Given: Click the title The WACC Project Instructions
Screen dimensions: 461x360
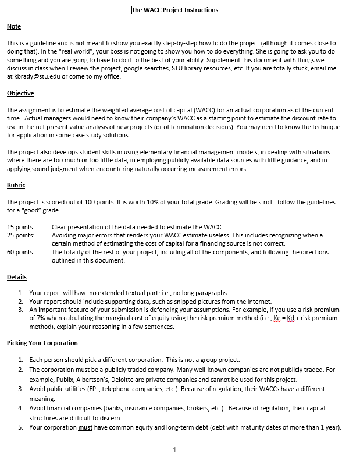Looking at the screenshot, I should [x=175, y=10].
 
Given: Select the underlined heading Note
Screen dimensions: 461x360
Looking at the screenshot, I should [x=13, y=27].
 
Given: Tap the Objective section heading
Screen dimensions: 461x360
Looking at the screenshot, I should [x=20, y=93].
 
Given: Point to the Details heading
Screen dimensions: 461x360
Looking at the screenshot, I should [x=16, y=277].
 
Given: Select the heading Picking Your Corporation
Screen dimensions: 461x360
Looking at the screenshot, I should [x=42, y=343].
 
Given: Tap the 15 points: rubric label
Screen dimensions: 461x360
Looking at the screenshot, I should [x=20, y=227].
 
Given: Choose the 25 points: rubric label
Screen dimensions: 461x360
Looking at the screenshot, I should [x=20, y=235].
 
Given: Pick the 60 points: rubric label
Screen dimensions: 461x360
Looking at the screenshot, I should [x=20, y=252].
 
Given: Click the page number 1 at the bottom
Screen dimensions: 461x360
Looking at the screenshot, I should [x=174, y=449].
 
